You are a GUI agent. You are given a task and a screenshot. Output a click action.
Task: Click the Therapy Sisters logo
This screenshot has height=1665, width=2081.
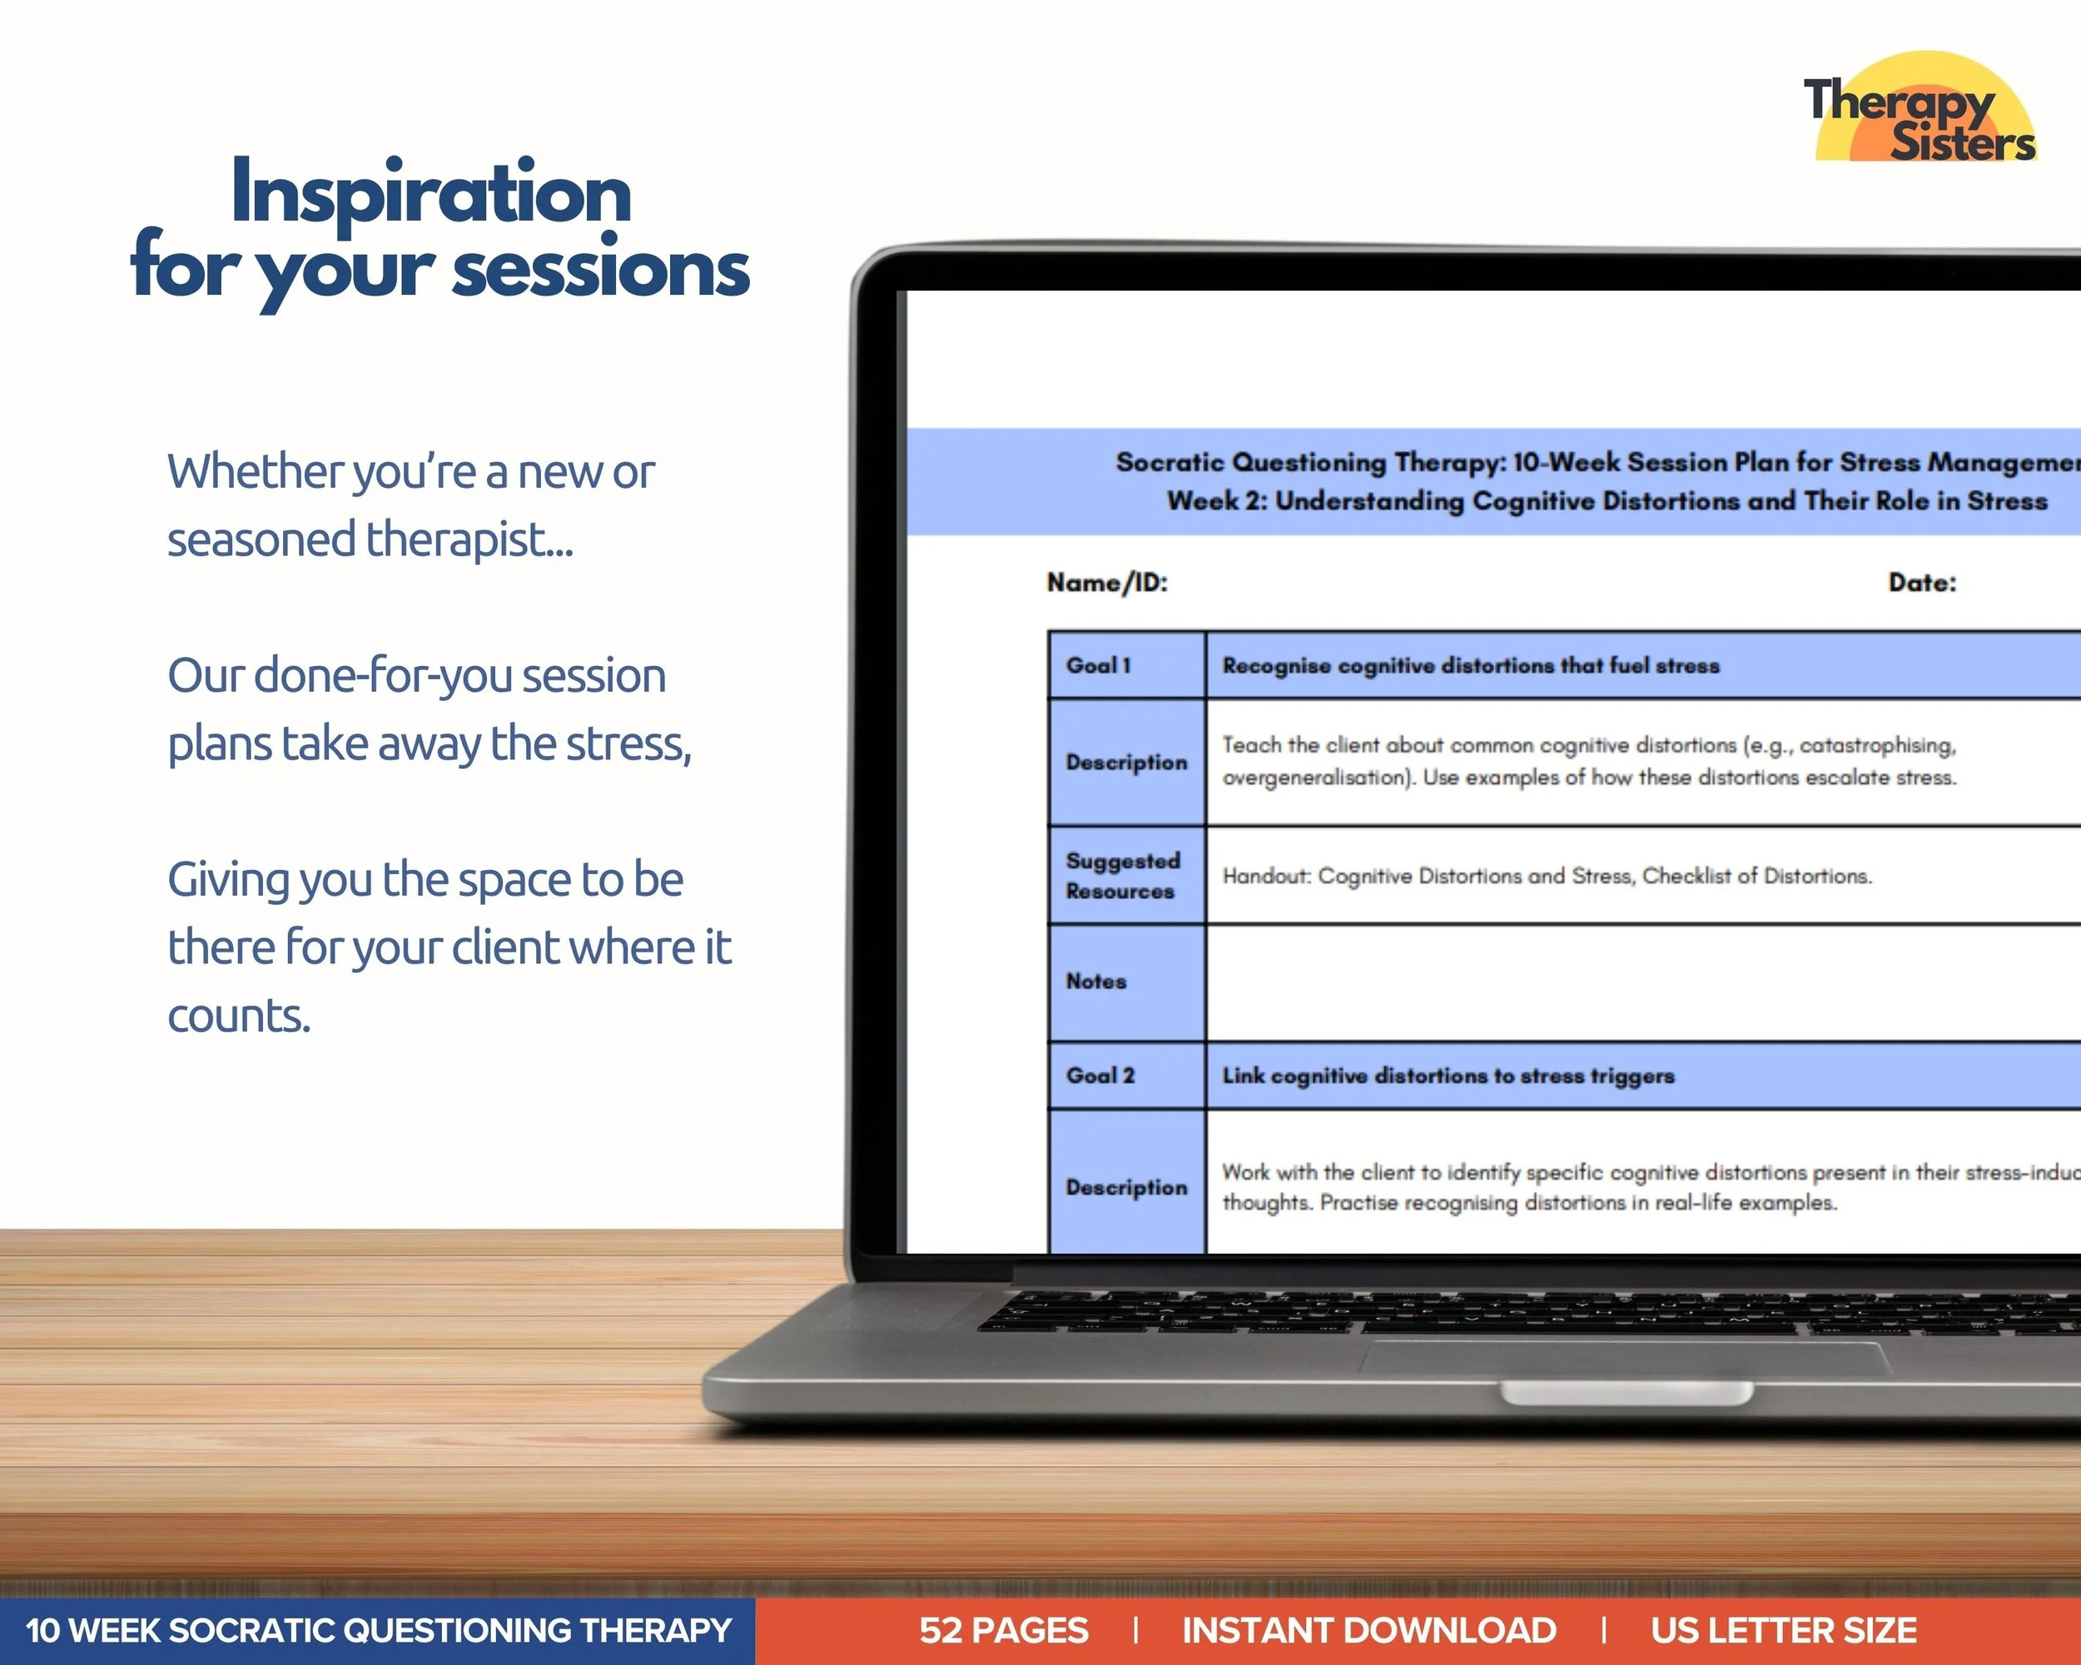[1921, 108]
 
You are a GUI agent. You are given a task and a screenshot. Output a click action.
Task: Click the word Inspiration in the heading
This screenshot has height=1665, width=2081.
[430, 193]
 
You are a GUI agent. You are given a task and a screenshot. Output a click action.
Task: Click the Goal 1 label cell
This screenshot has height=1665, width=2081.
[1125, 665]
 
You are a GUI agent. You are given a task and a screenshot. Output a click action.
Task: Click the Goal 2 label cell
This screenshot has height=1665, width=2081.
[1125, 1076]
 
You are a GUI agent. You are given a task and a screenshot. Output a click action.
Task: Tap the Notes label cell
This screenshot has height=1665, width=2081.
[1125, 982]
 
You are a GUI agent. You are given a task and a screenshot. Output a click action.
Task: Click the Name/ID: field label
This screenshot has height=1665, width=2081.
[1107, 583]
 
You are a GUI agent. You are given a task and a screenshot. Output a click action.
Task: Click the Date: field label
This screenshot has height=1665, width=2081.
[1922, 583]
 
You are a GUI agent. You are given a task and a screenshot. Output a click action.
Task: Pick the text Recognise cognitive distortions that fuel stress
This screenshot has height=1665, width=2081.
[1470, 666]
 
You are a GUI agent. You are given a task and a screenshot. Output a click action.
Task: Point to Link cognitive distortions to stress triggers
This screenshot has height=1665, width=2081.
[1448, 1076]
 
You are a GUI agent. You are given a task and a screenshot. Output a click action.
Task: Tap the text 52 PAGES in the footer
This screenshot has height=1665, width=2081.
[1003, 1630]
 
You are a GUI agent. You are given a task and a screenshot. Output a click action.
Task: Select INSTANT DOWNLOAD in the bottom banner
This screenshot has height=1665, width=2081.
[1368, 1630]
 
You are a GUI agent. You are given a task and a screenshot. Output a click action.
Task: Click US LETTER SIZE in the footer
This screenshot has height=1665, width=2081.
[1783, 1630]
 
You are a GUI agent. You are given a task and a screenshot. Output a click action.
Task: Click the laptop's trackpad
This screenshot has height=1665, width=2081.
[1626, 1359]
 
